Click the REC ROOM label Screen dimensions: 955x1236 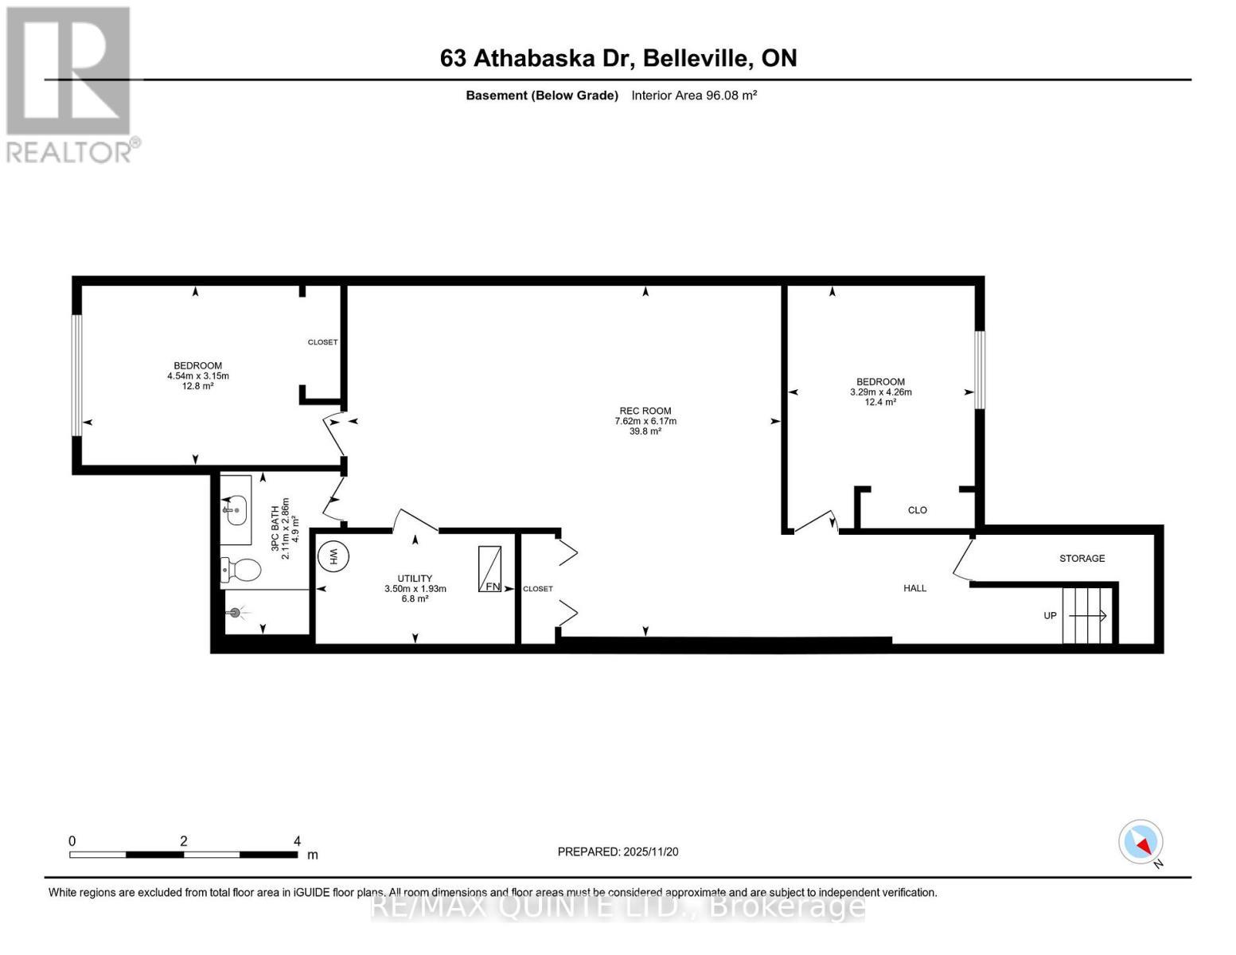[645, 411]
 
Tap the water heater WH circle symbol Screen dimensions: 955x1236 [334, 555]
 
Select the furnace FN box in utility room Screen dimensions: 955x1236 [489, 569]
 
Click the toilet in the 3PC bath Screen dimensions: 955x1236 [242, 570]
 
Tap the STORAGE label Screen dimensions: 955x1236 [1082, 559]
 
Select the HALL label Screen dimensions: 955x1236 [914, 588]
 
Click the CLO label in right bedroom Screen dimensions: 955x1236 [917, 510]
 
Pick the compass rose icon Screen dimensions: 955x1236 [1140, 842]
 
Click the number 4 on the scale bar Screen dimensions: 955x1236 [297, 841]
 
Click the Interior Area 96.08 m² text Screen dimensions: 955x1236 [693, 95]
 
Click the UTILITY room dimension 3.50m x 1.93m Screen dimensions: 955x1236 [415, 589]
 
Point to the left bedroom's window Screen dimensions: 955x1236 [77, 375]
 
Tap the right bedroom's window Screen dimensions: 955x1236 [980, 370]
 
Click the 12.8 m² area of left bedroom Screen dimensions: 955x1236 [197, 386]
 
